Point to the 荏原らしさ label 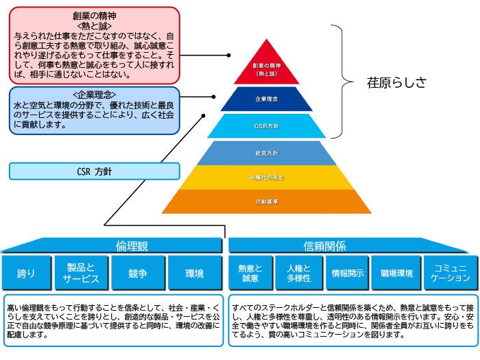pyautogui.click(x=396, y=82)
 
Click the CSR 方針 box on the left pyautogui.click(x=95, y=171)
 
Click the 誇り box pyautogui.click(x=27, y=273)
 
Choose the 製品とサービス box pyautogui.click(x=82, y=273)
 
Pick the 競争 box pyautogui.click(x=137, y=273)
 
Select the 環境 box pyautogui.click(x=194, y=273)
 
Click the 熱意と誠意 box pyautogui.click(x=249, y=273)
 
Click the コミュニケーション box pyautogui.click(x=450, y=273)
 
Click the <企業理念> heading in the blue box pyautogui.click(x=95, y=94)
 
